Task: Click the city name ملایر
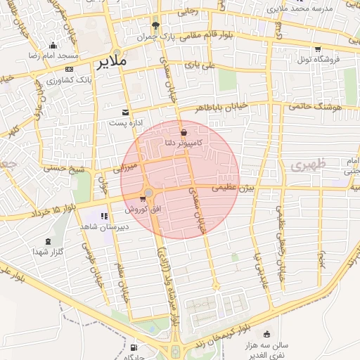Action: click(112, 61)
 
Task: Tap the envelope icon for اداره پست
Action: click(126, 112)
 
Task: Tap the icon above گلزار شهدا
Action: click(48, 241)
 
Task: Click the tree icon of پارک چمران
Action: click(165, 24)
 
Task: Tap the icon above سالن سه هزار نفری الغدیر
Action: click(266, 335)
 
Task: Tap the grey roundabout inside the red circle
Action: click(148, 193)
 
